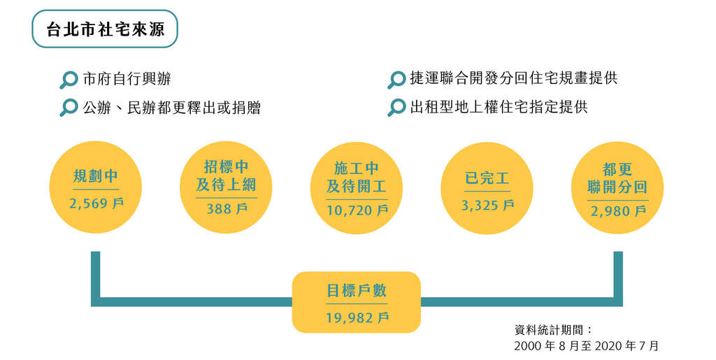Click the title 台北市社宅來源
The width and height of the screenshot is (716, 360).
105,29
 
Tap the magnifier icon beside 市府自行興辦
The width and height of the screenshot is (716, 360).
69,80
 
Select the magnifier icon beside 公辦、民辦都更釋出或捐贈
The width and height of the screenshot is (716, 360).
69,108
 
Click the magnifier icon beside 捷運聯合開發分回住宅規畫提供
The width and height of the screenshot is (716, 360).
396,80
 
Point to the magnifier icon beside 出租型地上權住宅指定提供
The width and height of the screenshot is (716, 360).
396,108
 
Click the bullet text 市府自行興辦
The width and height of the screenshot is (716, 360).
127,79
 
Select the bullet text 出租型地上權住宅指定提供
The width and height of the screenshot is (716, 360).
499,107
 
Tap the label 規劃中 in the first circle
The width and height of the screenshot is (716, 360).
95,176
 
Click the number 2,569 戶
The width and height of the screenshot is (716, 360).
96,203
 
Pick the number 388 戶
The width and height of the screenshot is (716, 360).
227,209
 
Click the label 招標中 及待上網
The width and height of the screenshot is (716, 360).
226,175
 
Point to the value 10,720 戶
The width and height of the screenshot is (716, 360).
357,210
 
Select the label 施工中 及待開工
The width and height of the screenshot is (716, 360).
357,177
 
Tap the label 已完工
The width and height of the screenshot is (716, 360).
487,178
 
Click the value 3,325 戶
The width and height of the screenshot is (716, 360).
487,206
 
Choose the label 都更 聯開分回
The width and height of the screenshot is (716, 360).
617,178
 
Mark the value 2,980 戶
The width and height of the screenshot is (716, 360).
618,211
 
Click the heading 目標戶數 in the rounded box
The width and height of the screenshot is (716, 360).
357,291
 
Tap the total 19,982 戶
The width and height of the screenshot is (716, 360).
357,318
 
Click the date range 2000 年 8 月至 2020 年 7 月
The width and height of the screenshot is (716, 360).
587,346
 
